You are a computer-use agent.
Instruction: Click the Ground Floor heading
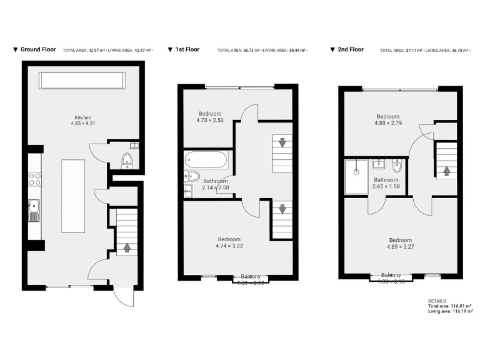tap(38, 49)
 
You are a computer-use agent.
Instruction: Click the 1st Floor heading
tap(186, 49)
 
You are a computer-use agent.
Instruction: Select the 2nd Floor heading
tap(350, 49)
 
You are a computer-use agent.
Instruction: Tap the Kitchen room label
tap(84, 117)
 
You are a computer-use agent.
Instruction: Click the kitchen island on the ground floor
tap(73, 196)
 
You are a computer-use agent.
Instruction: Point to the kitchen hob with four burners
tap(34, 180)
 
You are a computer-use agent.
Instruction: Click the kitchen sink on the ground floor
tap(33, 210)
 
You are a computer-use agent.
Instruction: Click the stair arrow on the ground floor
tap(127, 247)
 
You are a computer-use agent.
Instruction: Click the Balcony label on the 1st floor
tap(251, 276)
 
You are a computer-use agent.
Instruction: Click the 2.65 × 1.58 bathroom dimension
tap(386, 186)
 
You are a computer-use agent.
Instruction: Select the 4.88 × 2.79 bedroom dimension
tap(387, 123)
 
